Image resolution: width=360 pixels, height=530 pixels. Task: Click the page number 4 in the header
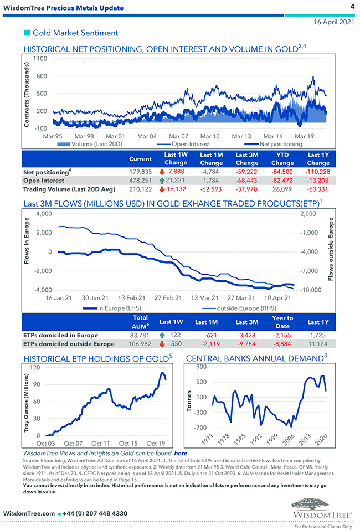(352, 6)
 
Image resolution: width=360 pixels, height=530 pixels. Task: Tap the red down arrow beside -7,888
(161, 172)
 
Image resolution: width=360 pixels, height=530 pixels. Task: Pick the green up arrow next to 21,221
(161, 181)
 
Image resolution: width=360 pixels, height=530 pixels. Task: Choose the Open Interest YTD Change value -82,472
(282, 181)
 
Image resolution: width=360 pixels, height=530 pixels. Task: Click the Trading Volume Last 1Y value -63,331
(317, 189)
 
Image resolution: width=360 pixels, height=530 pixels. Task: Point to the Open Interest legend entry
(189, 144)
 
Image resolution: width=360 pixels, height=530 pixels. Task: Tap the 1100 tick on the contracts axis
(39, 58)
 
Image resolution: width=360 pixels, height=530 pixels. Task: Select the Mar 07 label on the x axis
(178, 136)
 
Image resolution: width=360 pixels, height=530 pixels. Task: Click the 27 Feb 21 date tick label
(168, 297)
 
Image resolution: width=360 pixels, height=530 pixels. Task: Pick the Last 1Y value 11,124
(317, 344)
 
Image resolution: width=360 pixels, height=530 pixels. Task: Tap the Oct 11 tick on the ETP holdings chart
(101, 444)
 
